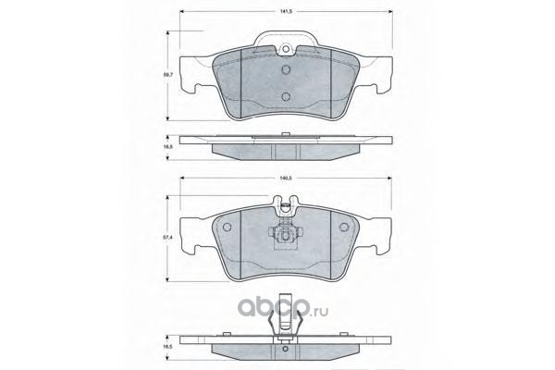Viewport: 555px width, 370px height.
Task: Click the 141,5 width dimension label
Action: [x=286, y=12]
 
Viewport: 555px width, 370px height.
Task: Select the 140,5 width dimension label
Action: [x=286, y=179]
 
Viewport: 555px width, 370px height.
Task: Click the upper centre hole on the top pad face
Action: [x=286, y=69]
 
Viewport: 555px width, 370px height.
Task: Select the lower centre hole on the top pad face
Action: [x=286, y=96]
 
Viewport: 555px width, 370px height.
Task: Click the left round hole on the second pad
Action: [x=227, y=227]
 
